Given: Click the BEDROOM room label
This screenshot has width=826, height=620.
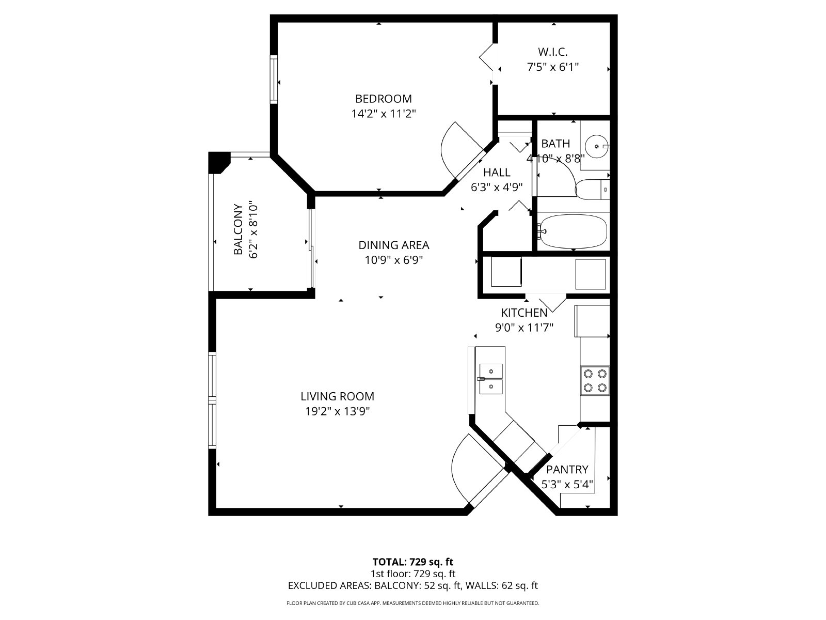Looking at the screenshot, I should (x=383, y=99).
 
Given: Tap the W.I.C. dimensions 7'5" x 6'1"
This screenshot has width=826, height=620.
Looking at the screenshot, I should (x=552, y=67).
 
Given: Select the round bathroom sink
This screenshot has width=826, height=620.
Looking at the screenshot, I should (x=597, y=146).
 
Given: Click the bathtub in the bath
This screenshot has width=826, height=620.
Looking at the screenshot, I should (x=573, y=231).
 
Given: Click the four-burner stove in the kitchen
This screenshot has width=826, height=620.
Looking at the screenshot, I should (x=595, y=380).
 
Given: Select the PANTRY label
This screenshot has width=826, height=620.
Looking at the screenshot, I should (x=567, y=470).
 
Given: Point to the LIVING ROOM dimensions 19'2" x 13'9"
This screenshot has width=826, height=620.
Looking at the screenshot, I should (x=337, y=412).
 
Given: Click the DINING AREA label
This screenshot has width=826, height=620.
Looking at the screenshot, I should (x=394, y=245).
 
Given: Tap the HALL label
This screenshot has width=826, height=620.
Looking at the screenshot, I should (x=497, y=173).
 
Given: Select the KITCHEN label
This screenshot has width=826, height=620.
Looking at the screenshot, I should (x=524, y=313).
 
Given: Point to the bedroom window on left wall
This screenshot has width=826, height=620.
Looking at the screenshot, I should (x=274, y=80).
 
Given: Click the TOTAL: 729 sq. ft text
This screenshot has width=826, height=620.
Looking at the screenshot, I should (x=412, y=562).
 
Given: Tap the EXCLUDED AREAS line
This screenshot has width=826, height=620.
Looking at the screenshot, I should (x=412, y=585).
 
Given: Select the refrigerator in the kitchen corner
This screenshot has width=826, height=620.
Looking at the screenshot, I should (x=592, y=321).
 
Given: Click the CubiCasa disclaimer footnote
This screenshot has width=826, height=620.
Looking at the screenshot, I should (x=412, y=603).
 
